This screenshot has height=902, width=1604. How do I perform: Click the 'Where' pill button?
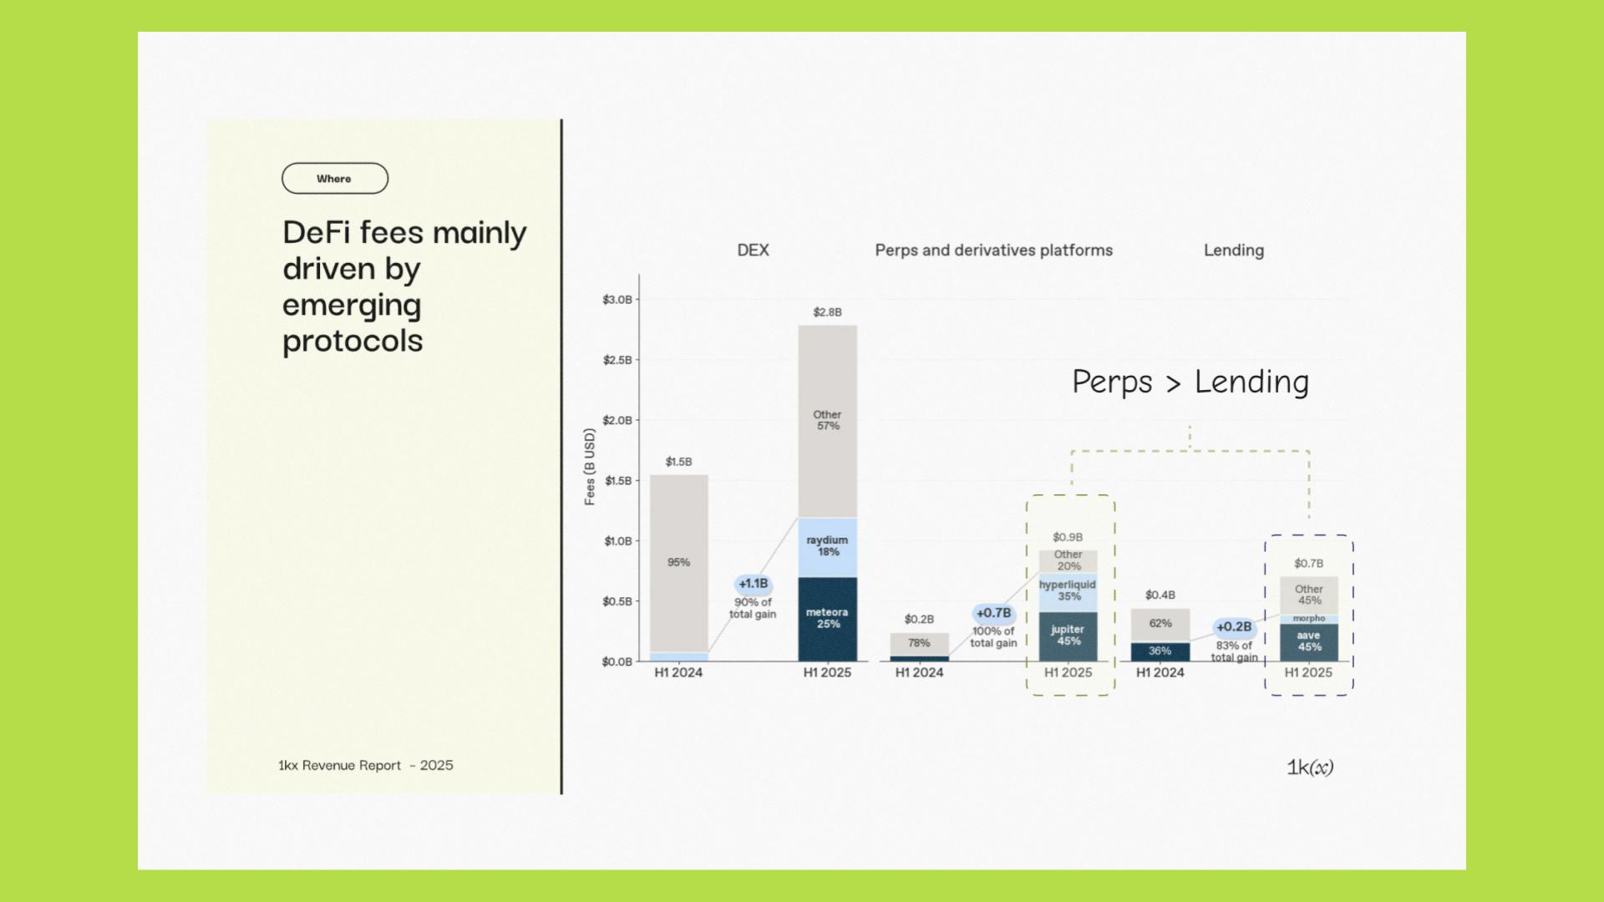coord(334,179)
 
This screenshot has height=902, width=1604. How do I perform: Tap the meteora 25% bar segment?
coord(827,619)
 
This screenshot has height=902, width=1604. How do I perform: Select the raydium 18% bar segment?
coord(827,547)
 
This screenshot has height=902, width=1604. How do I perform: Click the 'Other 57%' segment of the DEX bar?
coord(827,420)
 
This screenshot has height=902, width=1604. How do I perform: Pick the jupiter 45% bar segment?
coord(1068,636)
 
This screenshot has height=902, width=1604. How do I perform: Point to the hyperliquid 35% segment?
coord(1068,590)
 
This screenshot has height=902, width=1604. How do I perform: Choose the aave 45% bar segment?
coord(1309,641)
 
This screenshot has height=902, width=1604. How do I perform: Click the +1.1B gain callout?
coord(753,584)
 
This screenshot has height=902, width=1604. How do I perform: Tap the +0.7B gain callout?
coord(993,613)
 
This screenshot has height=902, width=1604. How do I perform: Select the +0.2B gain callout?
coord(1234,627)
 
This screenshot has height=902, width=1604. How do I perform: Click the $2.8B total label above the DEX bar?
coord(827,312)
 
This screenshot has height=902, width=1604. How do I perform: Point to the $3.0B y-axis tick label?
coord(617,300)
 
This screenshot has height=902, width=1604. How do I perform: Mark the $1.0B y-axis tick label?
coord(618,541)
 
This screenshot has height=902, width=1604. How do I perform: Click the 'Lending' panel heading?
coord(1233,251)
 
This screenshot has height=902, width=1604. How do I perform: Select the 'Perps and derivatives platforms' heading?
coord(993,251)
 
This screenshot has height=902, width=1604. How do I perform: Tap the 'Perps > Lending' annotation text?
coord(1190,382)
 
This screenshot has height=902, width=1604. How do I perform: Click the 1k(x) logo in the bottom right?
coord(1309,767)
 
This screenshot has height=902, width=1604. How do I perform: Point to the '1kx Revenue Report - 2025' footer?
coord(365,765)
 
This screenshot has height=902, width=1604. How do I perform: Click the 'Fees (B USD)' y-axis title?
coord(590,466)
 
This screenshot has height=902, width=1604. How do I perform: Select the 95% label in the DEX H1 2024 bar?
coord(678,563)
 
